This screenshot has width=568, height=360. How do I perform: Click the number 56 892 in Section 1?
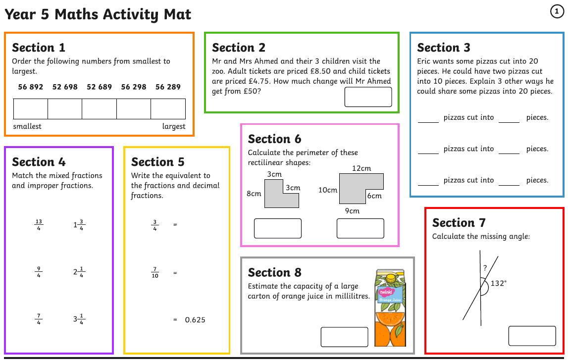pyautogui.click(x=30, y=87)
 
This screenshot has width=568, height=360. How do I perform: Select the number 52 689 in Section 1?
pyautogui.click(x=99, y=87)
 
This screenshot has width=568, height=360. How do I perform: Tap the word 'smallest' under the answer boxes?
pyautogui.click(x=27, y=126)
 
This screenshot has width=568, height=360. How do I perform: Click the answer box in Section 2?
pyautogui.click(x=368, y=97)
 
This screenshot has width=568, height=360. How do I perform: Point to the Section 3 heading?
pyautogui.click(x=443, y=48)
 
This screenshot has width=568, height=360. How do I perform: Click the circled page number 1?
pyautogui.click(x=557, y=11)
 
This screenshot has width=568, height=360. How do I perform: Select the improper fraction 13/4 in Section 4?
pyautogui.click(x=39, y=224)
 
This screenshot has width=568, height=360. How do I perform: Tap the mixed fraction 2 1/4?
pyautogui.click(x=79, y=272)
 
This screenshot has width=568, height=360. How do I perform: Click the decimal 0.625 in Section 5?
pyautogui.click(x=195, y=320)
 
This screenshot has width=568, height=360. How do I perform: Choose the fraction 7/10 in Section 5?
pyautogui.click(x=155, y=272)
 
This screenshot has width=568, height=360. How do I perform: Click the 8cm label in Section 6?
pyautogui.click(x=254, y=194)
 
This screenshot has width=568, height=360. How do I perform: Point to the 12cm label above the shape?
pyautogui.click(x=361, y=168)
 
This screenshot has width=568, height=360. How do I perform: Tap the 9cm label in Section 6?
pyautogui.click(x=352, y=211)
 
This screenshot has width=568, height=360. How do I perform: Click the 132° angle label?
pyautogui.click(x=499, y=283)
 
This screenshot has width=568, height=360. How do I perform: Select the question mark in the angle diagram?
pyautogui.click(x=485, y=268)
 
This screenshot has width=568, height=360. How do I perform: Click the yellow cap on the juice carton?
pyautogui.click(x=391, y=278)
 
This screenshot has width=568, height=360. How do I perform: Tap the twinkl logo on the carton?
pyautogui.click(x=386, y=292)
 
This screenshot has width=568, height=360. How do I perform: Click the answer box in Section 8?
pyautogui.click(x=345, y=337)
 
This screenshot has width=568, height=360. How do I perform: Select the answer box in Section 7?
pyautogui.click(x=532, y=336)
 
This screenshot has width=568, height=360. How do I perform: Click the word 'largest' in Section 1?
pyautogui.click(x=173, y=126)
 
